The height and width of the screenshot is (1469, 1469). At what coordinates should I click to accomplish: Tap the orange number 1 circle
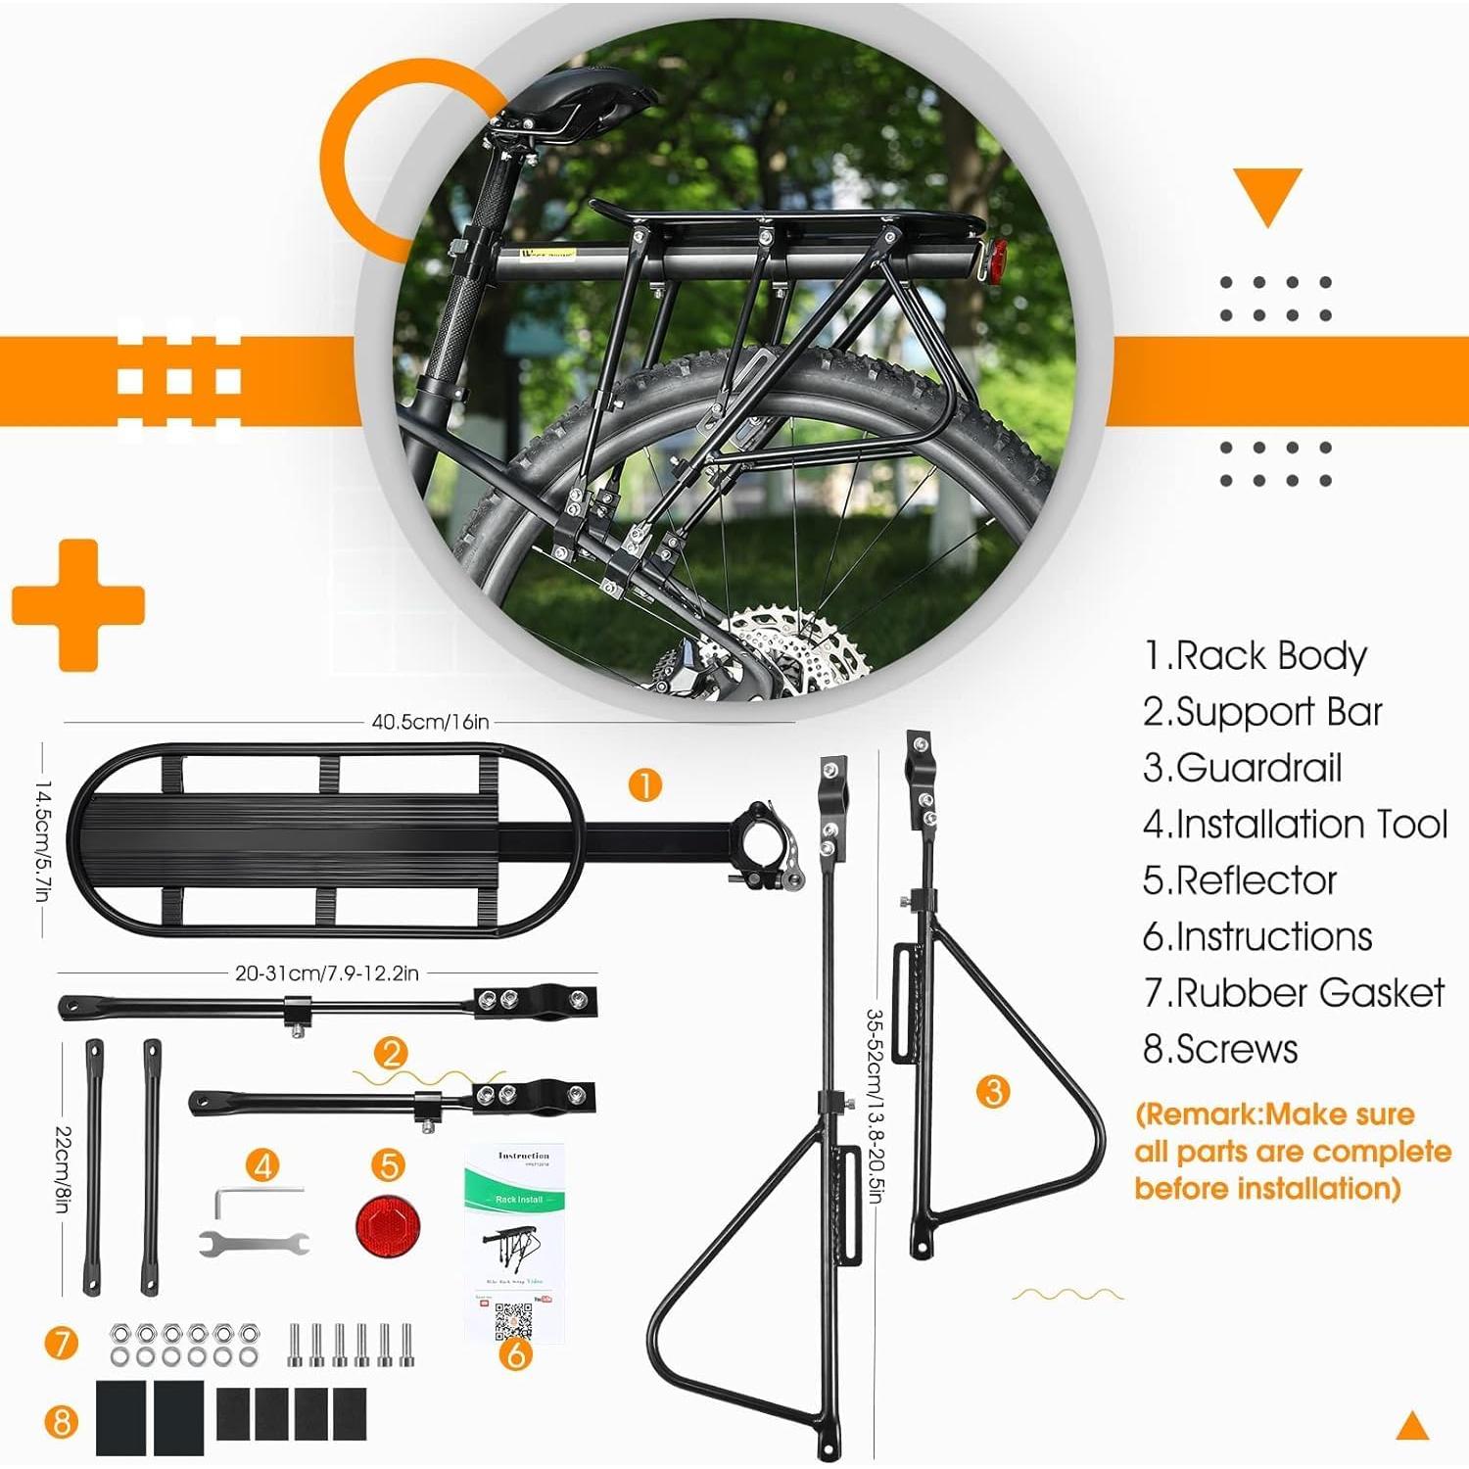pyautogui.click(x=644, y=784)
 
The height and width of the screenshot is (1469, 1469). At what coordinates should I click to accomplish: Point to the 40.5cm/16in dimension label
pyautogui.click(x=430, y=722)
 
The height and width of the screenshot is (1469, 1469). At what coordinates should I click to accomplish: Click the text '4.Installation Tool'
pyautogui.click(x=1295, y=825)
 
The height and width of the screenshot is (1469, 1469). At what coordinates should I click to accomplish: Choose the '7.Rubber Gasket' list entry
pyautogui.click(x=1293, y=993)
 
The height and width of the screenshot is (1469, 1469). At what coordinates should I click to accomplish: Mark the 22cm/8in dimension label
pyautogui.click(x=62, y=1169)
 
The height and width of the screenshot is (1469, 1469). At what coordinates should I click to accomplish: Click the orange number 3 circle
pyautogui.click(x=993, y=1090)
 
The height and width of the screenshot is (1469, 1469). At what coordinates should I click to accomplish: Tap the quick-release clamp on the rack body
pyautogui.click(x=769, y=842)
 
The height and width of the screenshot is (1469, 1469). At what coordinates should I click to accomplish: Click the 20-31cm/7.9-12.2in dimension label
pyautogui.click(x=326, y=973)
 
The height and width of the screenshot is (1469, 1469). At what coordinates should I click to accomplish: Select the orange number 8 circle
pyautogui.click(x=61, y=1420)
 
